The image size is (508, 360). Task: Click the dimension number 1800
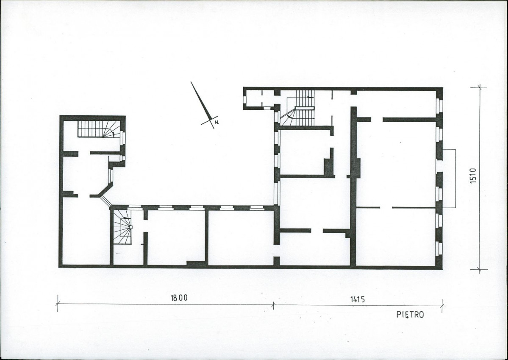tap(179, 298)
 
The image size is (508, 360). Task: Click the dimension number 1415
tap(357, 299)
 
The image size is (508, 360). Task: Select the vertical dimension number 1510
tap(473, 176)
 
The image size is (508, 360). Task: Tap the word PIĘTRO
tap(410, 315)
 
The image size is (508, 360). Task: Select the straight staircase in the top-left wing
tap(96, 129)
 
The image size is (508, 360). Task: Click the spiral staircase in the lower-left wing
tap(123, 227)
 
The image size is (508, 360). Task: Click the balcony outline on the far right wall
tap(449, 179)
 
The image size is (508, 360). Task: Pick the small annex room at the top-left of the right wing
tap(261, 99)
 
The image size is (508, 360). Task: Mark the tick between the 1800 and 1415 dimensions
tap(273, 305)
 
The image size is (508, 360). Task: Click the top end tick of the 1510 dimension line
tap(480, 87)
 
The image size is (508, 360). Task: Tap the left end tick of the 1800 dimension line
tap(58, 303)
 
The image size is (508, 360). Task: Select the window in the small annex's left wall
tap(244, 99)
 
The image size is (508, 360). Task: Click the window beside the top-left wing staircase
tap(122, 137)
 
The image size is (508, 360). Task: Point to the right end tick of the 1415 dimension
tap(442, 306)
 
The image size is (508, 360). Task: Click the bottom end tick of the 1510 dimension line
tap(480, 270)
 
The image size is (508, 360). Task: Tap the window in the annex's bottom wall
tap(267, 108)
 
